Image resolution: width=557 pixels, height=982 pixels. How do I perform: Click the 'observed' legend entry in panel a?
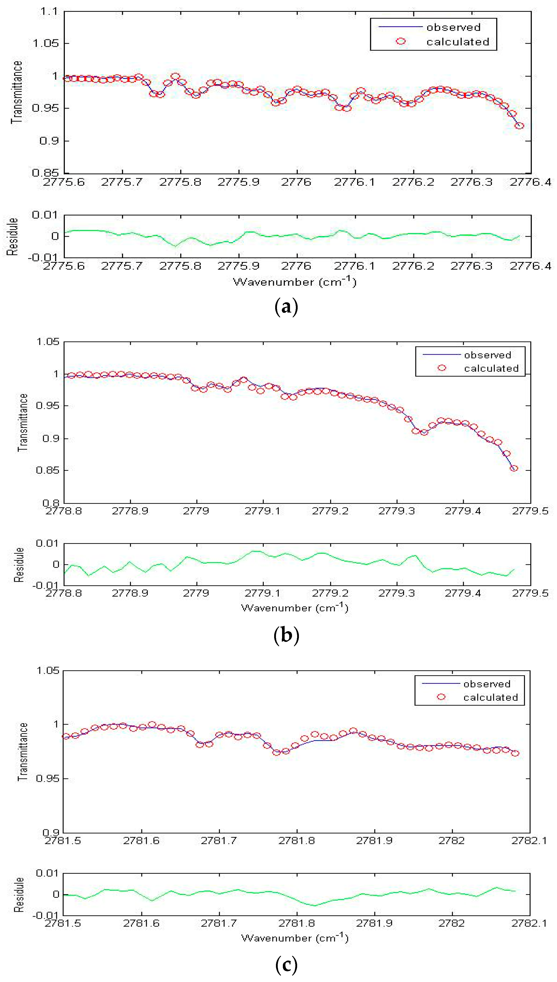[x=453, y=27]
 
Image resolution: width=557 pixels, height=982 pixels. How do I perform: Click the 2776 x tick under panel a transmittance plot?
[x=296, y=182]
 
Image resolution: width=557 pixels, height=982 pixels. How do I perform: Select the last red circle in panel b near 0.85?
[x=514, y=468]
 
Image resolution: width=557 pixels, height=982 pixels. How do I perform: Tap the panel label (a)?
[x=286, y=307]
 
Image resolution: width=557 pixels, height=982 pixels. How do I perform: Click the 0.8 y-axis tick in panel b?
[x=51, y=503]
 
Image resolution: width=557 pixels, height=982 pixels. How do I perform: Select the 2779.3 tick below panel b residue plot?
[x=396, y=593]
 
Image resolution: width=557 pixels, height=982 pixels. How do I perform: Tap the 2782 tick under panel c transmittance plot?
[x=451, y=841]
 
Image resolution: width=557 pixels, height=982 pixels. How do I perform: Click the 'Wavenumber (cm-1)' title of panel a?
[x=295, y=282]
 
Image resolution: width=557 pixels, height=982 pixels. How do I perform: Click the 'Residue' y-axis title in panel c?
[x=19, y=895]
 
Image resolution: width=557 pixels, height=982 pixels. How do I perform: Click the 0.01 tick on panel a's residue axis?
[x=44, y=215]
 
